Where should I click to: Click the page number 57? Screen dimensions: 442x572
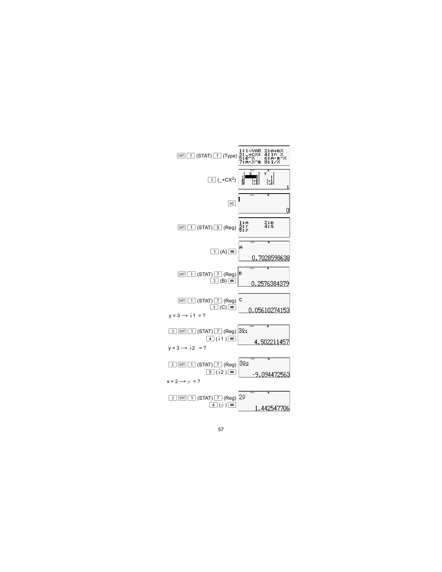tap(221, 429)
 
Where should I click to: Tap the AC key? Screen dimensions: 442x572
tap(232, 203)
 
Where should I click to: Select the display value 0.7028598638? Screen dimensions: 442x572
tap(271, 258)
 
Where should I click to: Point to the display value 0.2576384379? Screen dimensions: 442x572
tap(270, 283)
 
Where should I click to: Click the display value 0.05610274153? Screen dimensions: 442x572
tap(269, 310)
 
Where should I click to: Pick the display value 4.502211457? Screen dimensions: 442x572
tap(271, 342)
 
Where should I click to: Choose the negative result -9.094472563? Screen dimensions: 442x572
tap(271, 374)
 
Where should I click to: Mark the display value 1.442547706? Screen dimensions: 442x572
tap(272, 408)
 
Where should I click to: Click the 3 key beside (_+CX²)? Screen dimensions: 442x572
tap(212, 180)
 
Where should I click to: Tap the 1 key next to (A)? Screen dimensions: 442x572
tap(214, 251)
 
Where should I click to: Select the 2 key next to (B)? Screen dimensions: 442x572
tap(214, 281)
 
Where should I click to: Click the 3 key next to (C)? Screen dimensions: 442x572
tap(214, 307)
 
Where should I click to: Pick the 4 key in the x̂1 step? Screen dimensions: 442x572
tap(210, 339)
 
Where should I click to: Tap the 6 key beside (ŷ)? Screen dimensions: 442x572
tap(213, 405)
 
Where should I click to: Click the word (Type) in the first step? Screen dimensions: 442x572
tap(230, 156)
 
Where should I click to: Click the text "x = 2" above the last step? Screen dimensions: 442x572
tap(172, 381)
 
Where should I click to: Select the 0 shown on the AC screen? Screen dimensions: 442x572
tap(288, 210)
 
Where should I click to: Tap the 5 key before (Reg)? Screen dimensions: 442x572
tap(218, 227)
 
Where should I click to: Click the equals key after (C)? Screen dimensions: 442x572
tap(232, 307)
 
